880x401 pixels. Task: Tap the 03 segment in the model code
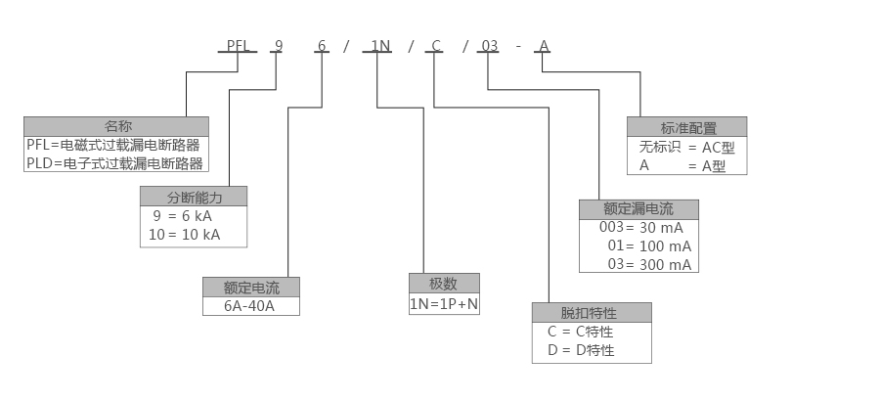(x=489, y=45)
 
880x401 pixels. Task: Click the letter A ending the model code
(x=545, y=45)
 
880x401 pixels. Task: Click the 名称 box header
(x=117, y=126)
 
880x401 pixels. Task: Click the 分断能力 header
(x=194, y=196)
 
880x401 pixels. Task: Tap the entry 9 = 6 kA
(x=182, y=215)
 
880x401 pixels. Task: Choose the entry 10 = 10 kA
(x=185, y=235)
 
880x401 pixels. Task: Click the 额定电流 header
(x=251, y=288)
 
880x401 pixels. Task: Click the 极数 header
(x=444, y=284)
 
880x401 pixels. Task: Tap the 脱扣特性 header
(x=590, y=313)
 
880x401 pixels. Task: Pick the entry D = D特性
(x=581, y=350)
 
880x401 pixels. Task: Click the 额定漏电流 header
(x=638, y=208)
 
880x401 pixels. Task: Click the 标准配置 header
(x=688, y=127)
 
